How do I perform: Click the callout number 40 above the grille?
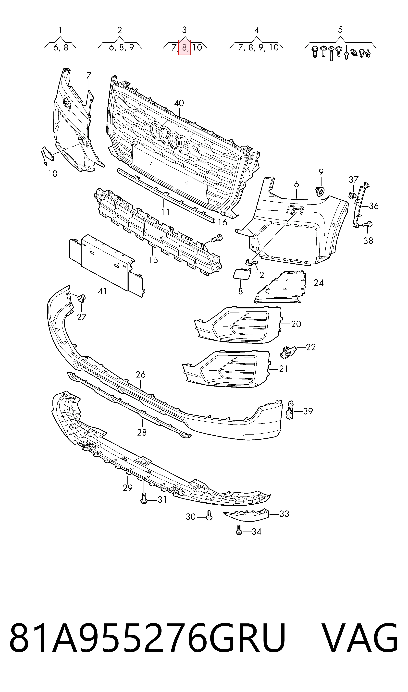[x=179, y=103]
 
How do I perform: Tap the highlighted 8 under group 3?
[x=184, y=48]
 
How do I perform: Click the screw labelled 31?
[x=144, y=498]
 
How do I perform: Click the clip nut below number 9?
[x=320, y=191]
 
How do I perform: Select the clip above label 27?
[x=82, y=298]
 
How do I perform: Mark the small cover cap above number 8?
[x=242, y=274]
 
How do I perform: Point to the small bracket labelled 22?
[x=288, y=352]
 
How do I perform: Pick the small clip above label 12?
[x=251, y=262]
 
